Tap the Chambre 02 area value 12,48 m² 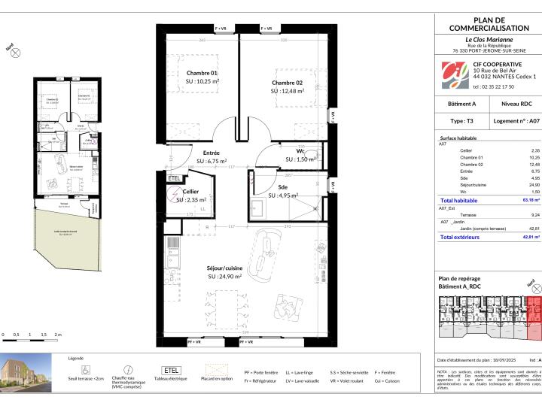[x=288, y=91]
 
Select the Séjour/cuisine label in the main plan [x=224, y=267]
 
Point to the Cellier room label [x=190, y=192]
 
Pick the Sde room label [x=282, y=186]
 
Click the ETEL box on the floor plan [x=174, y=178]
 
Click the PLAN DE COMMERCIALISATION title [x=489, y=23]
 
